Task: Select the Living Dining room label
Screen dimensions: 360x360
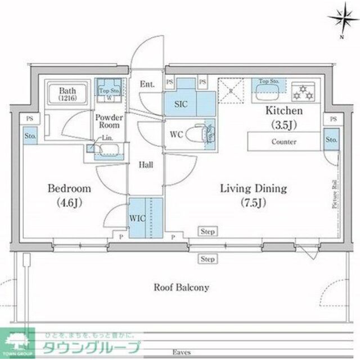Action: pyautogui.click(x=253, y=195)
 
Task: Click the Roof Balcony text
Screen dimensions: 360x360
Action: pyautogui.click(x=181, y=287)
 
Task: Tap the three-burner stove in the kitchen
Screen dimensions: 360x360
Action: pyautogui.click(x=305, y=89)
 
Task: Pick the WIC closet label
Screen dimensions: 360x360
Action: pyautogui.click(x=137, y=217)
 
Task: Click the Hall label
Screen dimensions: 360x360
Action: pyautogui.click(x=146, y=165)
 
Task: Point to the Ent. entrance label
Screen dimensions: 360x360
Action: pyautogui.click(x=147, y=85)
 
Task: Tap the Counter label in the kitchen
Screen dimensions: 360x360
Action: pyautogui.click(x=283, y=142)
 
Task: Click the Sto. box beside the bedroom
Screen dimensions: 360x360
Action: pyautogui.click(x=29, y=136)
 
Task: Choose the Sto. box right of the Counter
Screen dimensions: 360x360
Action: pyautogui.click(x=332, y=139)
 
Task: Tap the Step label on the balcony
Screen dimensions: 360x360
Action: pyautogui.click(x=208, y=259)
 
